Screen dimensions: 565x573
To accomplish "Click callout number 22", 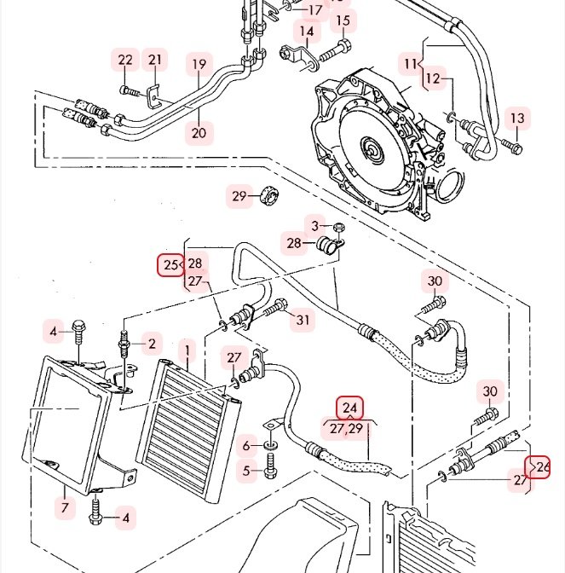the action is pyautogui.click(x=125, y=60).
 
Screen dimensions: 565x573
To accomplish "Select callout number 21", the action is pyautogui.click(x=155, y=59).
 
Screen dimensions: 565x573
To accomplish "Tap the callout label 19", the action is pyautogui.click(x=199, y=64).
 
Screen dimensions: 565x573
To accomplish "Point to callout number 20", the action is pyautogui.click(x=199, y=133).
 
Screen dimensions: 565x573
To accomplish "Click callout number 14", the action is pyautogui.click(x=307, y=32).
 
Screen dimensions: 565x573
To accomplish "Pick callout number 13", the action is pyautogui.click(x=517, y=119).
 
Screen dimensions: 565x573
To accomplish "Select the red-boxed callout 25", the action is pyautogui.click(x=170, y=264).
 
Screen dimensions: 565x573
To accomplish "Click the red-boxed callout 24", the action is pyautogui.click(x=349, y=408).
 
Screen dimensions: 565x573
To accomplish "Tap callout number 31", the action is pyautogui.click(x=303, y=320).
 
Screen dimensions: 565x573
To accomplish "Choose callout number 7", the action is pyautogui.click(x=65, y=507).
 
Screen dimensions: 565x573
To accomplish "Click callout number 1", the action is pyautogui.click(x=187, y=350).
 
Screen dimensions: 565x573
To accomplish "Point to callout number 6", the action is pyautogui.click(x=246, y=445).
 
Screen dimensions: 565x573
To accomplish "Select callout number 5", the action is pyautogui.click(x=246, y=471).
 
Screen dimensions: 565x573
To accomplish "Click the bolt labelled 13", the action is pyautogui.click(x=512, y=147).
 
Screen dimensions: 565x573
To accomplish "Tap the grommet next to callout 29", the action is pyautogui.click(x=269, y=196).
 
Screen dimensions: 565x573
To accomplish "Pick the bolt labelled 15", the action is pyautogui.click(x=336, y=51).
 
